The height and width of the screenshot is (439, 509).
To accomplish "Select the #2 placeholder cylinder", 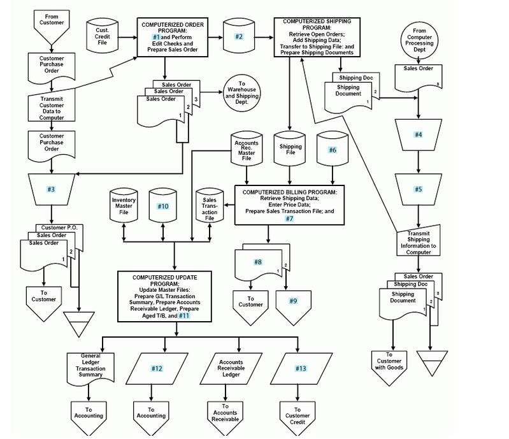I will coord(240,37).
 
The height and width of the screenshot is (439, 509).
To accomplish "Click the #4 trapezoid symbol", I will coord(418,135).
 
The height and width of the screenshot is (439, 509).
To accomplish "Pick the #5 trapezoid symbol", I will coord(418,189).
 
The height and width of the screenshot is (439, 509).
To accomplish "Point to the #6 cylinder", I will coord(332,150).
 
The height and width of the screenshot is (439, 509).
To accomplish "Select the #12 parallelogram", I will coord(157,368).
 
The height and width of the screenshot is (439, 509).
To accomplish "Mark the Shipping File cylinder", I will coord(290,150).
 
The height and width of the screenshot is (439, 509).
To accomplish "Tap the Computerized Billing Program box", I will coord(290,204).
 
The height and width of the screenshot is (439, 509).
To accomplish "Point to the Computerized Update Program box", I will coord(165,297).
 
